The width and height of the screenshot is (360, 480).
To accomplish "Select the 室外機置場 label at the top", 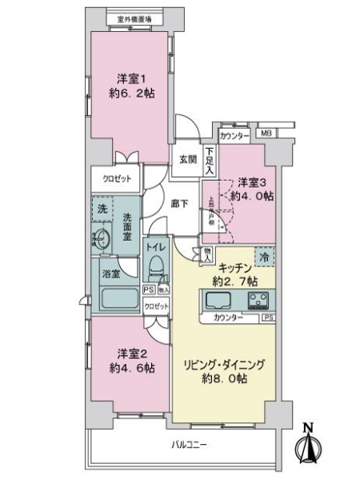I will [133, 18].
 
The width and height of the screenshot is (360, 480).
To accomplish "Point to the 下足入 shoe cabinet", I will [210, 161].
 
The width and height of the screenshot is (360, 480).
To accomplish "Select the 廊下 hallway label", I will [178, 204].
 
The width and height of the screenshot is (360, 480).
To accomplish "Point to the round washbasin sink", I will [102, 238].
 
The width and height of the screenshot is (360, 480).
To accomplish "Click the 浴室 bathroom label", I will [110, 274].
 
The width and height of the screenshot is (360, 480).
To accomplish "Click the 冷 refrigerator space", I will [266, 258].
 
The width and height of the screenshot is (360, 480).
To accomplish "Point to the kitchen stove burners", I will [259, 302].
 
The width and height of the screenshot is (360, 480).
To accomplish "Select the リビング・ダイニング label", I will [227, 364].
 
